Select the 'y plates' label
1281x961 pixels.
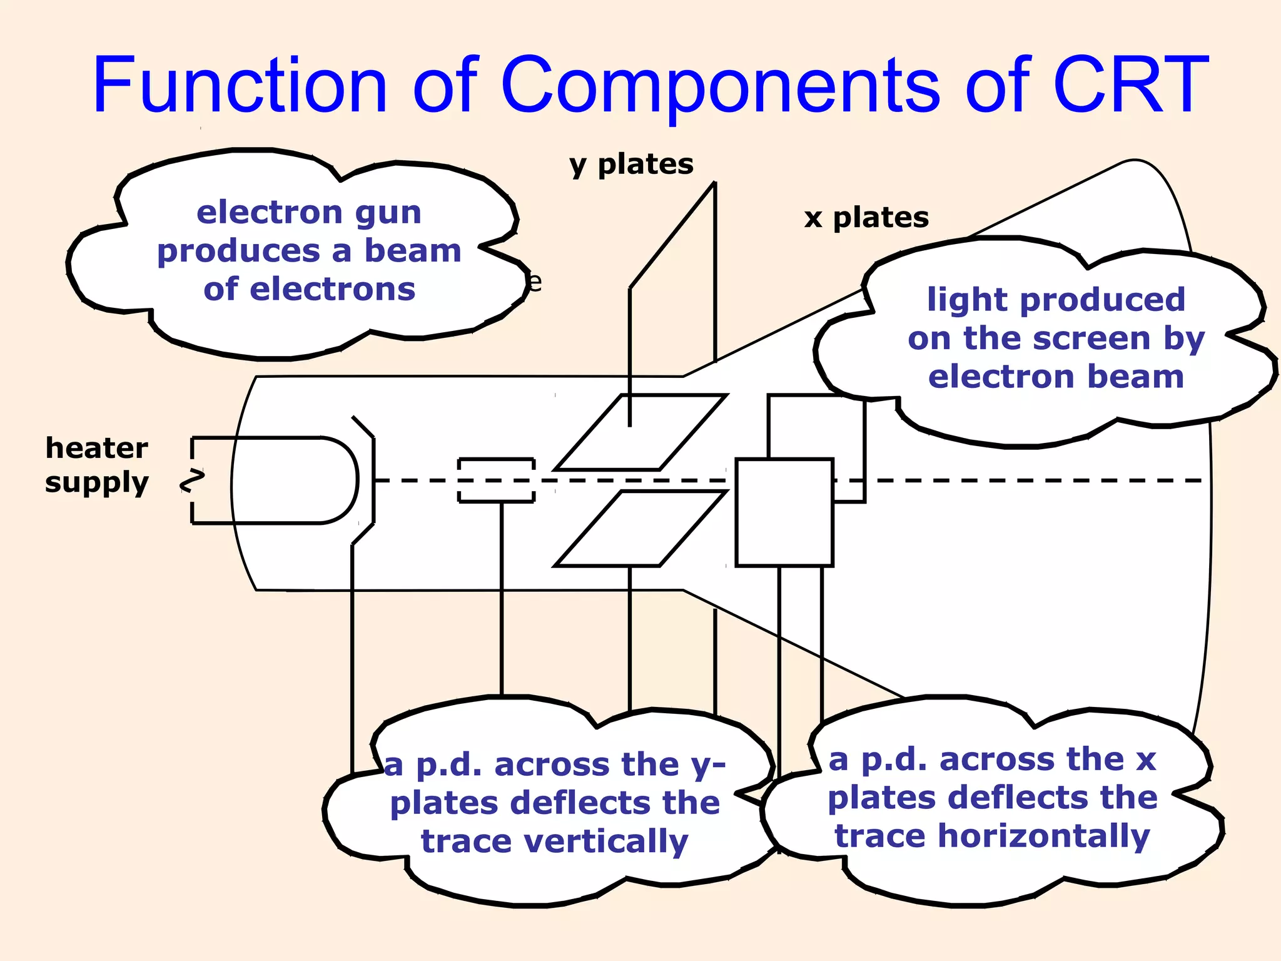(631, 165)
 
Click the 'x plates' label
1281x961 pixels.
(866, 218)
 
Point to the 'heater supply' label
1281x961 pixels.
(97, 465)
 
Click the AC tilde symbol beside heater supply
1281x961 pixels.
(193, 480)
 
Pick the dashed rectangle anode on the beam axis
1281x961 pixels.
(496, 480)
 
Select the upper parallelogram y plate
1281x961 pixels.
(640, 432)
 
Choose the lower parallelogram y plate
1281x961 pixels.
(640, 529)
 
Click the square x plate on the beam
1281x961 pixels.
(784, 512)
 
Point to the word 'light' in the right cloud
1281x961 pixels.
(963, 300)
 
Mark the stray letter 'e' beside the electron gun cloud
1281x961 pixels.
(534, 283)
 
